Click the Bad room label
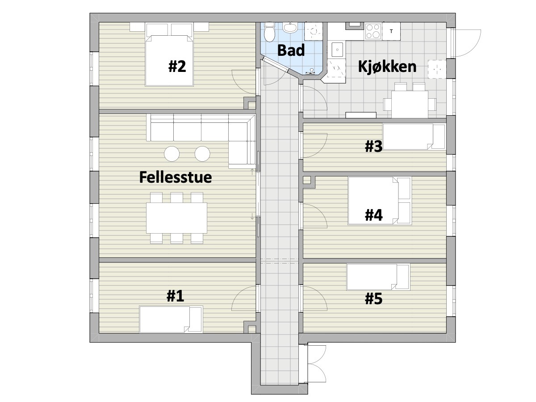291,50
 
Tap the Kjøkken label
387,67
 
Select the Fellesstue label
176,177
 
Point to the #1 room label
175,296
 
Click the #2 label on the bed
177,67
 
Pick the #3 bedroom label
373,147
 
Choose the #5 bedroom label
373,299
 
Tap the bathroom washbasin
290,27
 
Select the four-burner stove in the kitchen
373,31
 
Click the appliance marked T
391,31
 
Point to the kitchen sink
337,50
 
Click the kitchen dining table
410,104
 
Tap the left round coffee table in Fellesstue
172,154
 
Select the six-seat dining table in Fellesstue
176,218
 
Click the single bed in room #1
171,319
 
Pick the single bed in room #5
378,277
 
